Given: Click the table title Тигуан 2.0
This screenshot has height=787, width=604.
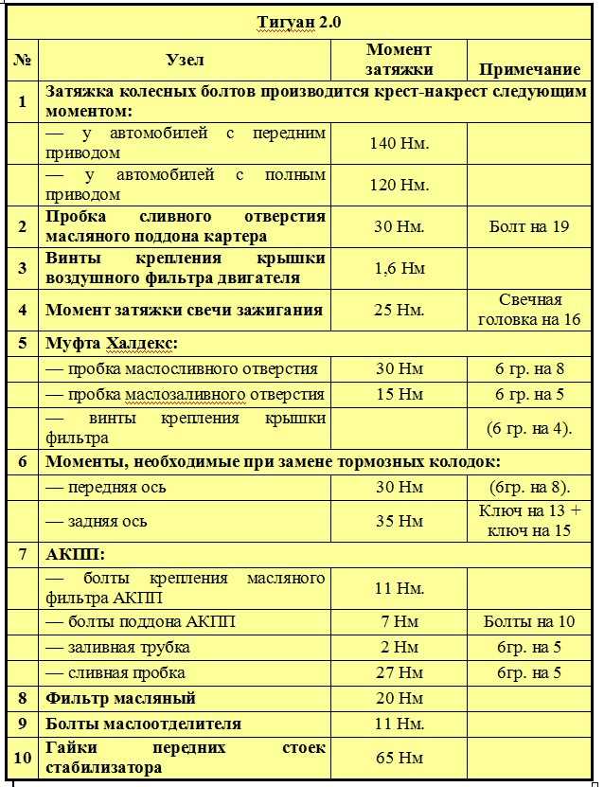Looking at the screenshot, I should pos(302,22).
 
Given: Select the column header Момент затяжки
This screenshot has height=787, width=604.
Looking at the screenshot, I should pos(399,59).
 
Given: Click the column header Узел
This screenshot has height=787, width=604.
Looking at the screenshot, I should pos(185,60).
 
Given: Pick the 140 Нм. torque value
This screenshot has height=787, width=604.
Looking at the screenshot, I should pos(399,143).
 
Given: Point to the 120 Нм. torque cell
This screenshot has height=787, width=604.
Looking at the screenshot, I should pos(399,185).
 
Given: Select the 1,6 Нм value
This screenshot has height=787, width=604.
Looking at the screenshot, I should pos(399,268).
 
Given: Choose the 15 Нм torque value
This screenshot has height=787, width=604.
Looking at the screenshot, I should pos(399,394).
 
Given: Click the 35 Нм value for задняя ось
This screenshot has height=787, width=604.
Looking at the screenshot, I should pos(399,521).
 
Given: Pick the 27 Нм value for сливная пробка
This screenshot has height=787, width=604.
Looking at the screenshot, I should pos(399,673).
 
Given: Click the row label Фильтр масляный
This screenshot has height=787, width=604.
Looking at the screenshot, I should pos(121,699).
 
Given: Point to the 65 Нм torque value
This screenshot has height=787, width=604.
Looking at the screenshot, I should pos(399,759).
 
